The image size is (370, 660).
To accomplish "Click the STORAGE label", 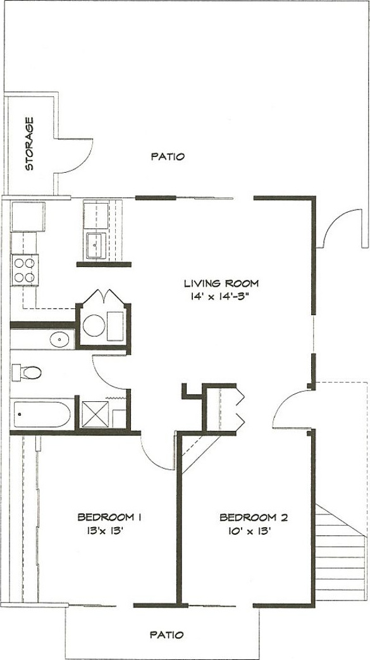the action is [29, 144].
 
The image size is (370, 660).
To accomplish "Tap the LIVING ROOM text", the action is [221, 283].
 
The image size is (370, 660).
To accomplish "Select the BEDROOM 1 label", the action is [109, 517].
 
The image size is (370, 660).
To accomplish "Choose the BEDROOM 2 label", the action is [254, 517].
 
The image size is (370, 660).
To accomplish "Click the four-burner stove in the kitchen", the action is [25, 270].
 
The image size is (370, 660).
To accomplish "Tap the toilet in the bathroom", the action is [27, 373].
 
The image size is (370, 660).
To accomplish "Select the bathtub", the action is [42, 414].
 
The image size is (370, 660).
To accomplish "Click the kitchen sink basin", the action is [96, 246].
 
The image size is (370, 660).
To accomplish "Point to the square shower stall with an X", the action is [95, 414].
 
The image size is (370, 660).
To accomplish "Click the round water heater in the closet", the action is [94, 325].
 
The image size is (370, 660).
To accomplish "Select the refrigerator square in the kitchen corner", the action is [28, 216].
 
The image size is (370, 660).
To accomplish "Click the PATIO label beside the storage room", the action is [168, 156].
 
